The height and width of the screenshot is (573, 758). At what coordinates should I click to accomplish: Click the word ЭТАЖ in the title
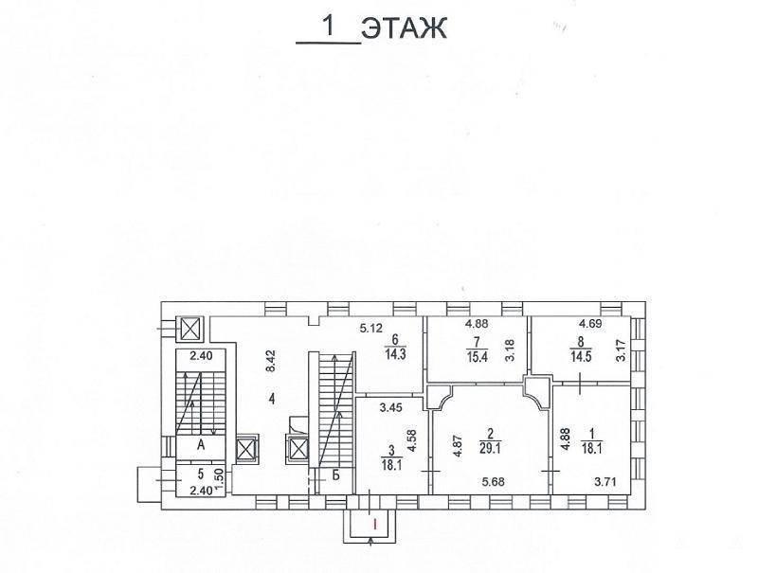(405, 29)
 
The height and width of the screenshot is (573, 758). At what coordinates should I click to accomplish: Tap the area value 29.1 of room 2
(490, 449)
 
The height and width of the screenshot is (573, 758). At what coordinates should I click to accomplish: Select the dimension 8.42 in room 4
(272, 361)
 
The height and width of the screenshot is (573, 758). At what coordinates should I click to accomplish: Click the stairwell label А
(201, 444)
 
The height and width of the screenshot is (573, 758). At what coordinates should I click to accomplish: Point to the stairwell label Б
(336, 475)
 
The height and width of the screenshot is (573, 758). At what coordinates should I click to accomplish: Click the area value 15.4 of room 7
(477, 359)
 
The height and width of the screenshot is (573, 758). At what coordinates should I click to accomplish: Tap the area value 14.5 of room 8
(581, 358)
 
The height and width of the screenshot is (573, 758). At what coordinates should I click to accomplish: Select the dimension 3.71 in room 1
(605, 481)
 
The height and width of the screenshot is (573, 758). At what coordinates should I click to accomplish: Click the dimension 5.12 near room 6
(371, 329)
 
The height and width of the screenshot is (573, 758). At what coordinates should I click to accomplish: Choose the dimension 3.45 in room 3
(390, 408)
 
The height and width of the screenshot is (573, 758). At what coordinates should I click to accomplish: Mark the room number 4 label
(273, 399)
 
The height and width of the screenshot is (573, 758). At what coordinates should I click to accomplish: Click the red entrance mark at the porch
(375, 523)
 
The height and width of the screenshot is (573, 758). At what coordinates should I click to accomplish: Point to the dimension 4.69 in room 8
(590, 324)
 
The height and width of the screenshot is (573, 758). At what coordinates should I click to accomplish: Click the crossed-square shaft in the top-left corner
(190, 329)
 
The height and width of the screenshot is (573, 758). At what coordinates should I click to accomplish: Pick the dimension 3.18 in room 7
(511, 350)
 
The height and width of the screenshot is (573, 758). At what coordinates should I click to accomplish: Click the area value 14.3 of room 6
(395, 354)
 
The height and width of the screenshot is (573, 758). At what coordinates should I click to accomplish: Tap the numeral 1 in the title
(330, 27)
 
